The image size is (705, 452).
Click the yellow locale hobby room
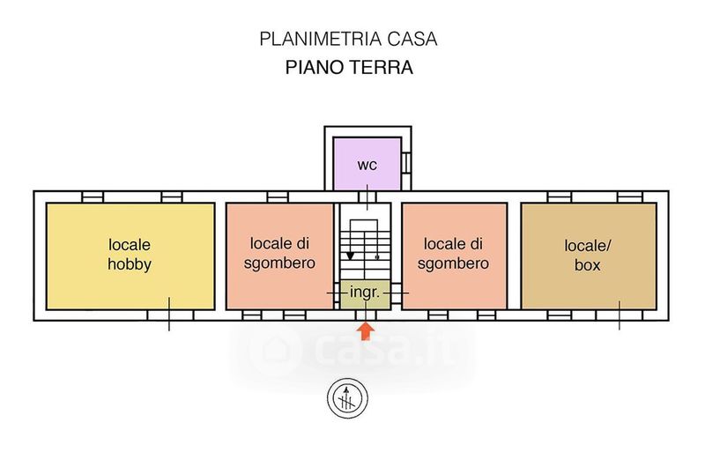pyautogui.click(x=130, y=256)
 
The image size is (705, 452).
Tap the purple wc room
pyautogui.click(x=367, y=164)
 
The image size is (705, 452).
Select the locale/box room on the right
pyautogui.click(x=589, y=256)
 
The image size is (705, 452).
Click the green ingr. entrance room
pyautogui.click(x=365, y=294)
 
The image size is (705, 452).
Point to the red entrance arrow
pyautogui.click(x=366, y=331)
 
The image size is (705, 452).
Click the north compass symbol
pyautogui.click(x=347, y=398)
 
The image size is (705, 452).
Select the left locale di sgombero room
pyautogui.click(x=279, y=256)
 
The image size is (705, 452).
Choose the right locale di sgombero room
pyautogui.click(x=455, y=256)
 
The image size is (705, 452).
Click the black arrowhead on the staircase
pyautogui.click(x=350, y=256)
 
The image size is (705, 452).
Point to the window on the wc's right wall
pyautogui.click(x=406, y=163)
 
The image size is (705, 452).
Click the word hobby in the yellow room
pyautogui.click(x=130, y=264)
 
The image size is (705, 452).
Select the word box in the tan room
pyautogui.click(x=587, y=265)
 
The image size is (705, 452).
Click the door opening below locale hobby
pyautogui.click(x=170, y=315)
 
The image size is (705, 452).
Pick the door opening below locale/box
pyautogui.click(x=620, y=315)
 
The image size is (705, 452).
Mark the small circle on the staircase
pyautogui.click(x=377, y=257)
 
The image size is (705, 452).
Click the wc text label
pyautogui.click(x=367, y=165)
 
